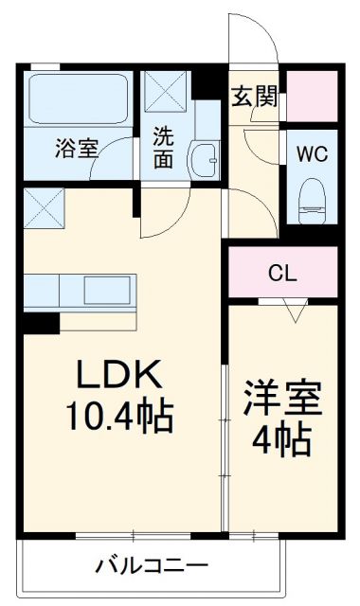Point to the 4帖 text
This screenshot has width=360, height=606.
tap(282, 438)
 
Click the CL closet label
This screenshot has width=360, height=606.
tap(281, 275)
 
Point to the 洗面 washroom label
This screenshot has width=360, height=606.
tap(164, 147)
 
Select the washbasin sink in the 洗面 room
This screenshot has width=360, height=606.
tap(202, 156)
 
